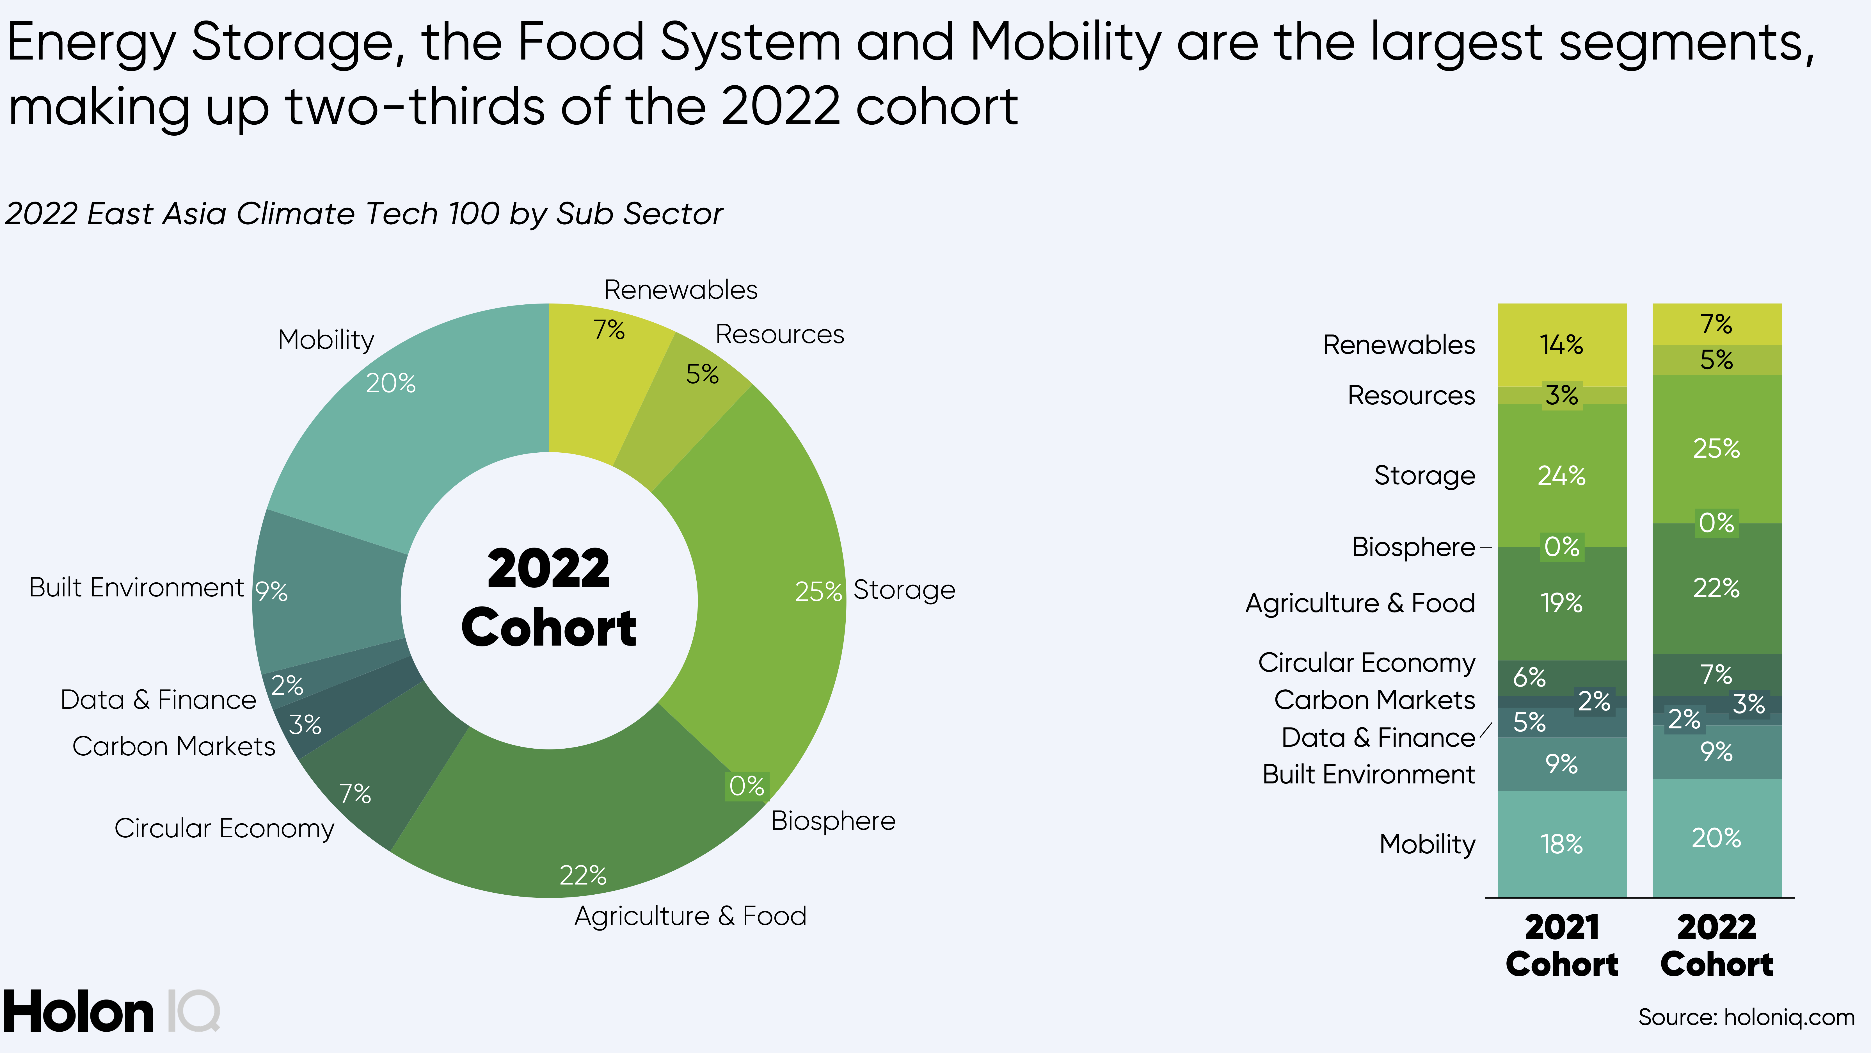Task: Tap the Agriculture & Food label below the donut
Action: (690, 916)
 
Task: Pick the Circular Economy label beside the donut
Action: (224, 828)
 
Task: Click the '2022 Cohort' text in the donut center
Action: (549, 597)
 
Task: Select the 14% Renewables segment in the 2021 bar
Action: (1562, 345)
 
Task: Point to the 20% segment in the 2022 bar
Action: (1716, 838)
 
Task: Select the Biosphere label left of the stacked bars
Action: (1413, 546)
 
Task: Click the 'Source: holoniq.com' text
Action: (1745, 1017)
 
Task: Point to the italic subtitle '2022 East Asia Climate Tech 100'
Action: (363, 214)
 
